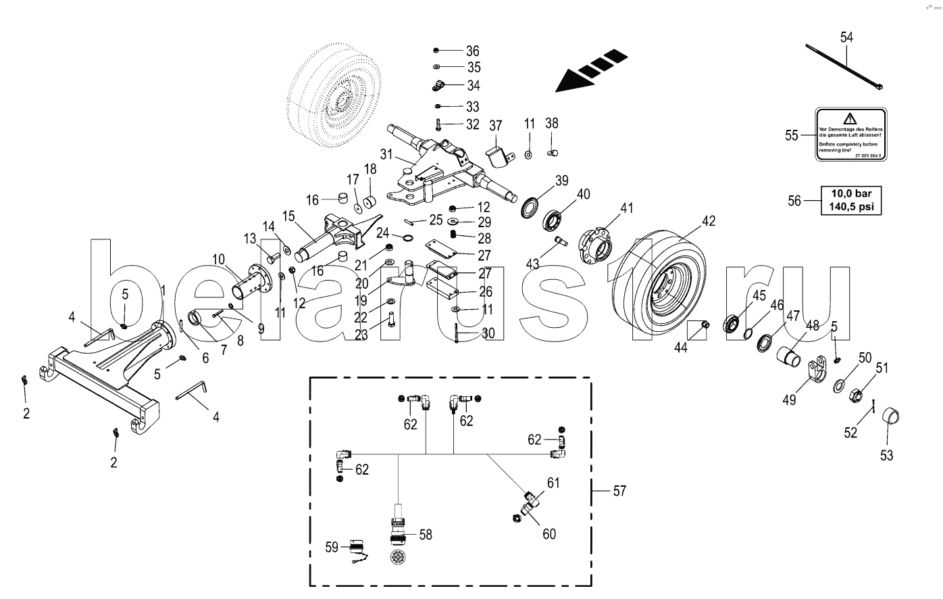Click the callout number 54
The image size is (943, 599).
pyautogui.click(x=846, y=37)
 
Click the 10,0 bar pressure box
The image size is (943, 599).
pyautogui.click(x=851, y=201)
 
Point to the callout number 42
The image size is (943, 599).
pyautogui.click(x=708, y=220)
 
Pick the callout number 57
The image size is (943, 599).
pyautogui.click(x=619, y=491)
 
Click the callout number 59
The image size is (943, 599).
pyautogui.click(x=331, y=547)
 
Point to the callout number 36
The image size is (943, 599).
pyautogui.click(x=472, y=51)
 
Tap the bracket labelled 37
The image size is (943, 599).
pyautogui.click(x=497, y=153)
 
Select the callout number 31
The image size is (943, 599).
pyautogui.click(x=386, y=154)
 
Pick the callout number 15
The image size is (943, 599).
pyautogui.click(x=288, y=216)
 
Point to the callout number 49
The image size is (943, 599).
pyautogui.click(x=789, y=400)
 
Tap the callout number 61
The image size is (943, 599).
pyautogui.click(x=553, y=483)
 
